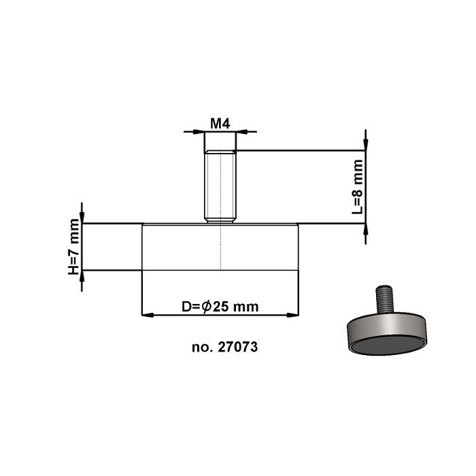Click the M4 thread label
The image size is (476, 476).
click(x=221, y=123)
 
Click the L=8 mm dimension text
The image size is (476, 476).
click(x=358, y=187)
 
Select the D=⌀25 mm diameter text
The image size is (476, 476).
click(x=220, y=307)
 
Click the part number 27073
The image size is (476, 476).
click(x=237, y=347)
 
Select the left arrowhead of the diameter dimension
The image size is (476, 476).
click(x=146, y=315)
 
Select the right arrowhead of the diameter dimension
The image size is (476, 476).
click(x=296, y=315)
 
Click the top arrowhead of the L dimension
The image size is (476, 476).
click(x=366, y=144)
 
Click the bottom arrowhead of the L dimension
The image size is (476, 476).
click(x=366, y=231)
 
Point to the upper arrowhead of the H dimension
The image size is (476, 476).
click(x=82, y=216)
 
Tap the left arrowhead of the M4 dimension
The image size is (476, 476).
click(x=199, y=131)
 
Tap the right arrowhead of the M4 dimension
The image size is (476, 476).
click(x=243, y=131)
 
